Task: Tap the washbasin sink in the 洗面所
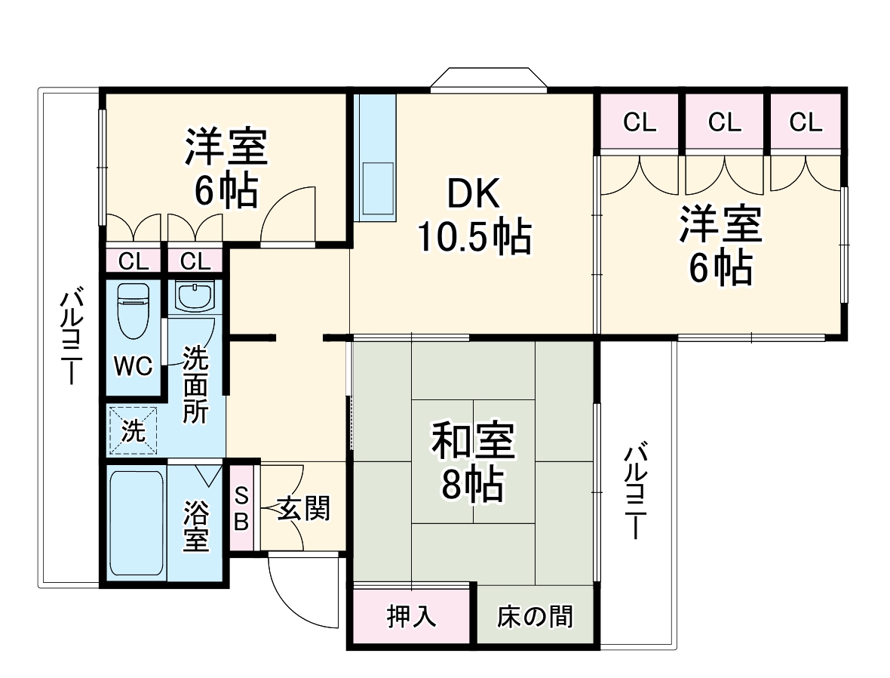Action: tap(195, 295)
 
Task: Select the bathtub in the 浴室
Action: tap(136, 523)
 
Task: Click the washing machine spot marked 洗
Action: tap(133, 431)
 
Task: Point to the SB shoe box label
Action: tap(241, 508)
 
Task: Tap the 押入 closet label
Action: tap(411, 617)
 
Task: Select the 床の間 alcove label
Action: tap(535, 617)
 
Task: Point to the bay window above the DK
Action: tap(489, 79)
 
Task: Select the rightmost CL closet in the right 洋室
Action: tap(806, 122)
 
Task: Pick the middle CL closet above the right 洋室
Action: tap(724, 122)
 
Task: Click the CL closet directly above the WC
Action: tap(133, 262)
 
